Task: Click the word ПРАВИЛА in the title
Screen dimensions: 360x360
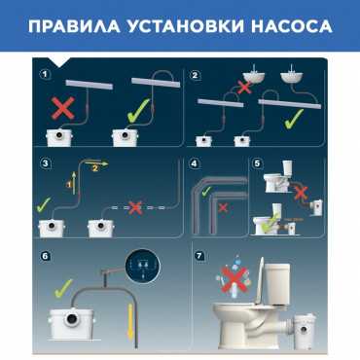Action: (x=74, y=26)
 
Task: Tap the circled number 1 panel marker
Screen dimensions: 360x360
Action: (x=45, y=74)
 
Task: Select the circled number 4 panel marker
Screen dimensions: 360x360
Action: (x=194, y=163)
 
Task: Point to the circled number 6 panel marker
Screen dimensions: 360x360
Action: (x=45, y=256)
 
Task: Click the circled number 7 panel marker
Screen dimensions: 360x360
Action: (x=198, y=256)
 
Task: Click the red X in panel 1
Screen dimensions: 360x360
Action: (x=63, y=107)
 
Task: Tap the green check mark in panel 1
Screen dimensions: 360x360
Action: (x=138, y=111)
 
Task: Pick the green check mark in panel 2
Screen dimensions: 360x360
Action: (x=294, y=119)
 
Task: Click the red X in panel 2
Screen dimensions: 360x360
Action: (x=244, y=87)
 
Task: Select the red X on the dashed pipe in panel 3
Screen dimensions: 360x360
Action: (x=135, y=207)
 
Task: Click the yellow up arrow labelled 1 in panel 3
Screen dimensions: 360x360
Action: (x=74, y=183)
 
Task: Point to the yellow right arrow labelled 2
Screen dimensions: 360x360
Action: (x=96, y=164)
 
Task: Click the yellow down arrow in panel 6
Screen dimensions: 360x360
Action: (x=130, y=322)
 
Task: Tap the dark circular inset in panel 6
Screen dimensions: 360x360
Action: (x=143, y=266)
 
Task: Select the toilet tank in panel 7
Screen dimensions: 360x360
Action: (x=277, y=278)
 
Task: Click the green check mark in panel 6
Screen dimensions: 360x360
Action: (x=63, y=288)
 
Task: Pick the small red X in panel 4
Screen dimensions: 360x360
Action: (x=223, y=207)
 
